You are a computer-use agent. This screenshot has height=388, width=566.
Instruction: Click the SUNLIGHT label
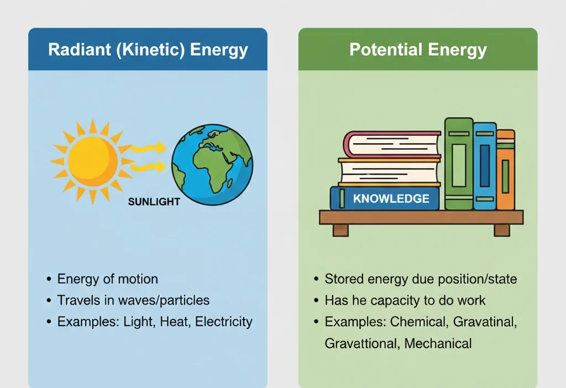click(x=154, y=202)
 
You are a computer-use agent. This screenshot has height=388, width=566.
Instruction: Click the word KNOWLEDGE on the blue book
click(x=391, y=198)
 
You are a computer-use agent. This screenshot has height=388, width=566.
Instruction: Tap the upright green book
click(x=459, y=164)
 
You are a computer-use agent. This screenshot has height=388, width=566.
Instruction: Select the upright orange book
click(x=505, y=170)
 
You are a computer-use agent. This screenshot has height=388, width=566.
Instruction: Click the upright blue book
click(x=485, y=166)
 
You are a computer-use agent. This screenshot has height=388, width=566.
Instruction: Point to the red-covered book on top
click(x=392, y=144)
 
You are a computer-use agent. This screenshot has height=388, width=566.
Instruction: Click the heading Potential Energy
click(x=418, y=50)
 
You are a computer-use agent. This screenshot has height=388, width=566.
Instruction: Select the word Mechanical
click(x=438, y=343)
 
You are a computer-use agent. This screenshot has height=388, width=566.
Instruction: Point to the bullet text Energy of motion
click(x=107, y=279)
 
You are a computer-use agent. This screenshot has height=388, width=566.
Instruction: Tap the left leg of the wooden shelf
click(x=341, y=229)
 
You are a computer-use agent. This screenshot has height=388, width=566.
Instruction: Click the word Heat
click(x=174, y=322)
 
